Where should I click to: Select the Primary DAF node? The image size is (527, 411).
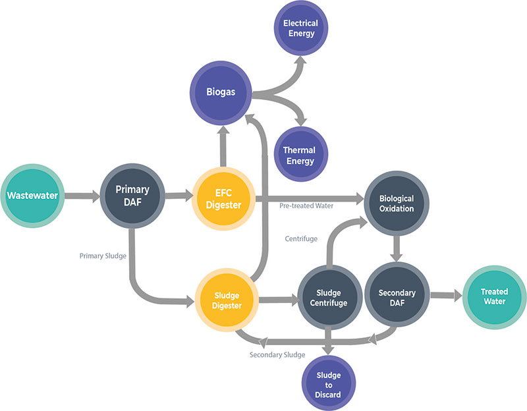pos(132,196)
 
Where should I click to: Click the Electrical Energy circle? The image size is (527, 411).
pos(300,28)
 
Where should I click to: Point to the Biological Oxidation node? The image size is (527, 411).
pos(397,204)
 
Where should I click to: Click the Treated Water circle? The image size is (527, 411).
pos(494,296)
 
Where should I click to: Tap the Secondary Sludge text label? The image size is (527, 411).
pos(277,355)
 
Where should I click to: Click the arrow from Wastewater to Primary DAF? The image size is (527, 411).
pos(82,196)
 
